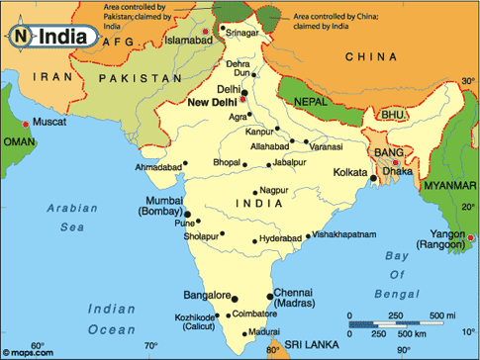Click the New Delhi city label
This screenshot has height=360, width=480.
tap(210, 101)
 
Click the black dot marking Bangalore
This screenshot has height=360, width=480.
tap(238, 296)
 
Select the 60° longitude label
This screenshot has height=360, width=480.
tap(38, 345)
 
